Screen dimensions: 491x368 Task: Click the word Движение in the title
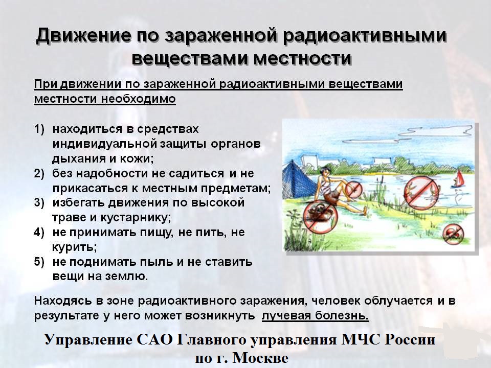[x=83, y=35]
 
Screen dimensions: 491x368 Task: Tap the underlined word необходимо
[x=138, y=99]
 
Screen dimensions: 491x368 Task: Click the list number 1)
[x=39, y=129]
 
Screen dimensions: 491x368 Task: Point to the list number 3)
[x=39, y=202]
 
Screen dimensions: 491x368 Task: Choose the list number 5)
[x=39, y=262]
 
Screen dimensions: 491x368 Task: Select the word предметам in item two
[x=235, y=189]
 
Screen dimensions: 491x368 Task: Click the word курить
[x=74, y=247]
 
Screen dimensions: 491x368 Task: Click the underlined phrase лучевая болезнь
[x=315, y=315]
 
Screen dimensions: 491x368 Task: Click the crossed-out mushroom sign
[x=453, y=234]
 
